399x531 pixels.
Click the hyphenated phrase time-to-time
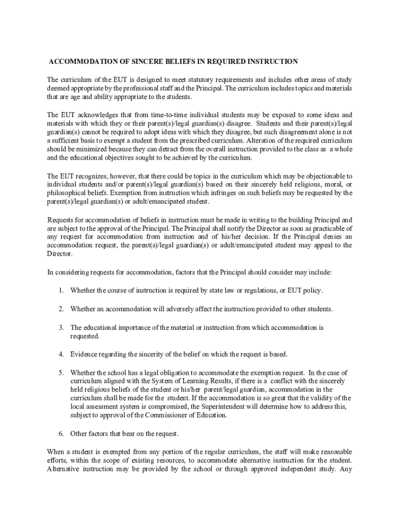pos(177,115)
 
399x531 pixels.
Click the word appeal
pos(323,245)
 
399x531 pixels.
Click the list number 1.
pos(61,290)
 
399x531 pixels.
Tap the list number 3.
pos(61,328)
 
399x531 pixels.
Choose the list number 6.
pos(61,433)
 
